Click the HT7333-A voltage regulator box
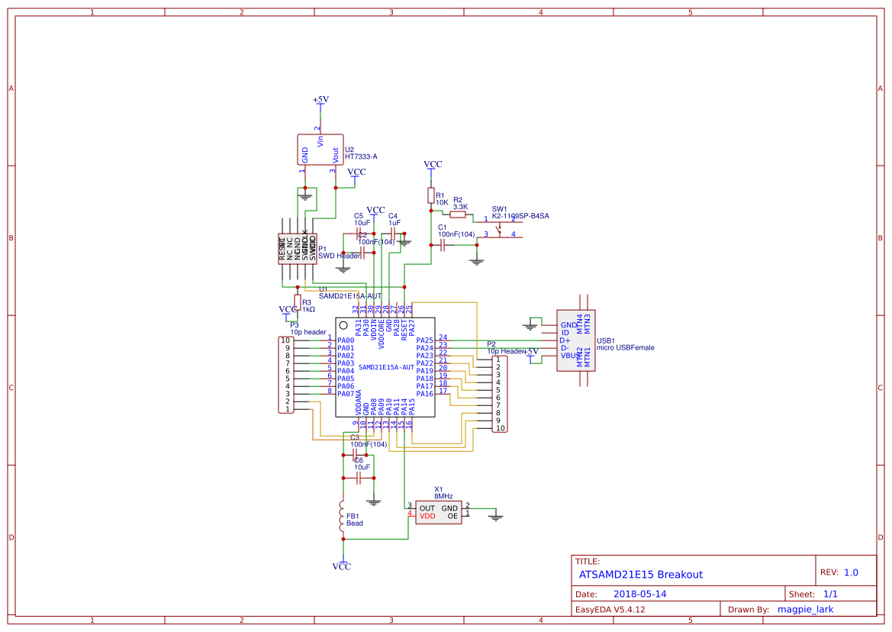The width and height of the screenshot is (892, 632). point(320,150)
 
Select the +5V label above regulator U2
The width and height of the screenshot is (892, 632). point(320,100)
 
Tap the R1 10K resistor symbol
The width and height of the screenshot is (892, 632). point(430,196)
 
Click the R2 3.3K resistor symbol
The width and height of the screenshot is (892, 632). point(458,215)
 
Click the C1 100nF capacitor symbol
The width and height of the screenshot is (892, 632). point(443,245)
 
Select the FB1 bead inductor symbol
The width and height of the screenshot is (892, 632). point(343,518)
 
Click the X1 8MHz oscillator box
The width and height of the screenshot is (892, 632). point(434,512)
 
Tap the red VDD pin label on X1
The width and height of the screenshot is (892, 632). point(427,517)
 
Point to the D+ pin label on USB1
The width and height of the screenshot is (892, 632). point(565,340)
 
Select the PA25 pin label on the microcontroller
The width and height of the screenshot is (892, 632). point(424,340)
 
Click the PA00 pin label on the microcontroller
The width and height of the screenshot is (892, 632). point(346,340)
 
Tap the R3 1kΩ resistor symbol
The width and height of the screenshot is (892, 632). point(297,303)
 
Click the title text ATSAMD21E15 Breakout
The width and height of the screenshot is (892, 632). point(641,575)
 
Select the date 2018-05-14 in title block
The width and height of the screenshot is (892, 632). point(640,594)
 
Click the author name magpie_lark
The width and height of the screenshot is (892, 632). point(804,609)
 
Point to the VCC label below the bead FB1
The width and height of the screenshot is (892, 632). point(342,566)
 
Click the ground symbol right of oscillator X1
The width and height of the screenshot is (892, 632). point(496,518)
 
